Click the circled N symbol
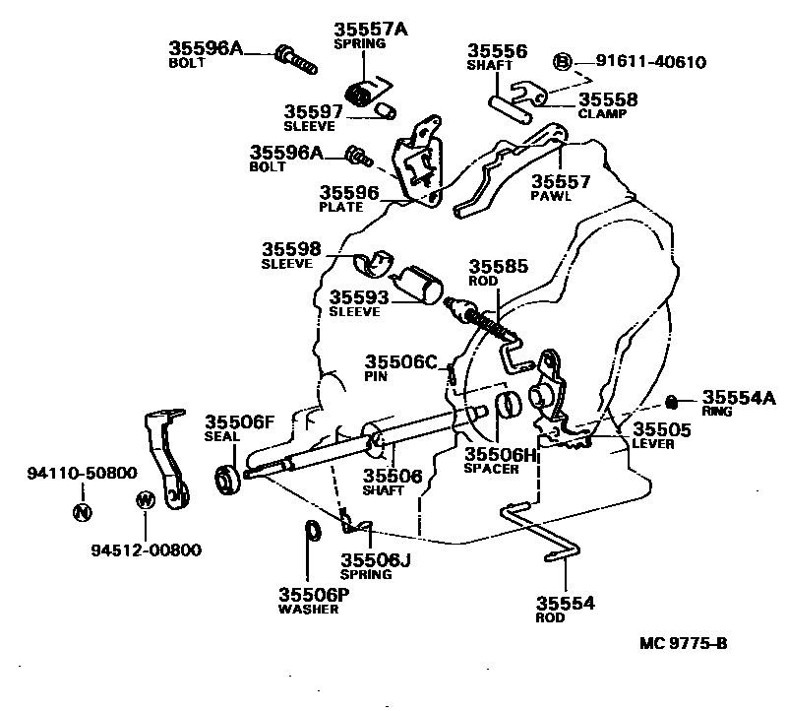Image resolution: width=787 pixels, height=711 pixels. [82, 511]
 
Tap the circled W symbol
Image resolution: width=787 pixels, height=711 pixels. [145, 500]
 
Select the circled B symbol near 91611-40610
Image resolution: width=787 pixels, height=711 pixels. [562, 62]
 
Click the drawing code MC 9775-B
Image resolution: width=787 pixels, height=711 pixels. [683, 644]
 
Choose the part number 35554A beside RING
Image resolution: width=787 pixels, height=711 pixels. [739, 398]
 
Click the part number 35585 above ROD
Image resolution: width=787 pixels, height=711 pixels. [498, 266]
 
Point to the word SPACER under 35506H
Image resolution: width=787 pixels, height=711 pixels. [492, 469]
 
